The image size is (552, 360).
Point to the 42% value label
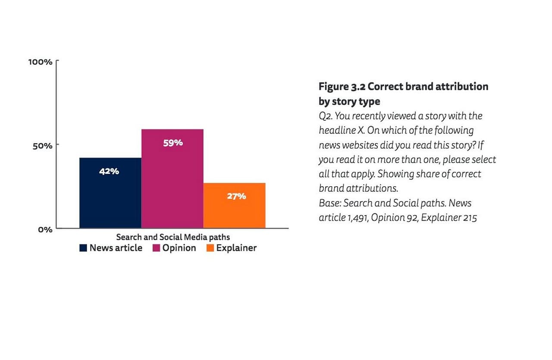coord(109,171)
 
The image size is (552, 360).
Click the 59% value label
coord(173,143)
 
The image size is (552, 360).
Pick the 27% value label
coord(236,196)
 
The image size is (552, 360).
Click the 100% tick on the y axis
coord(41,62)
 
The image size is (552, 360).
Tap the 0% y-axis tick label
coord(45,229)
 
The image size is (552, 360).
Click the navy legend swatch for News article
coord(83,248)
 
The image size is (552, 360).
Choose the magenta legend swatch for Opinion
coord(157,248)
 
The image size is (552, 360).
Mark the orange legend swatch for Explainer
coord(210,248)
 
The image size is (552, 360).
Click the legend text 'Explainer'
coord(236,248)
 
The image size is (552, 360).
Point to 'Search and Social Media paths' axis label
coord(173,237)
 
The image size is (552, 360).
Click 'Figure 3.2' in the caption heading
coord(342,86)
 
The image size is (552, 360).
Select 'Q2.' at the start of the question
coord(326,116)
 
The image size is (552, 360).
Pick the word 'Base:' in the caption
coord(330,203)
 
